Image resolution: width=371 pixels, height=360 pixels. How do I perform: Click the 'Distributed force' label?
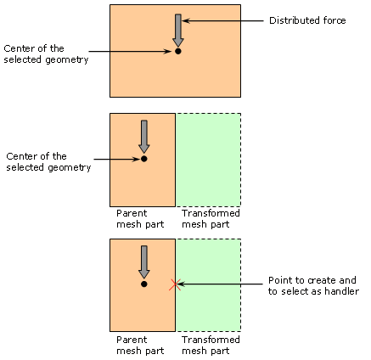pos(307,20)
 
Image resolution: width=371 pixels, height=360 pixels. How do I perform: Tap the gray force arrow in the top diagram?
pos(178,31)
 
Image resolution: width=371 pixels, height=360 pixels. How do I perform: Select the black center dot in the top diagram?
pos(178,51)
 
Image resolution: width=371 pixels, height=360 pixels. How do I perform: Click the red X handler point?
pos(175,284)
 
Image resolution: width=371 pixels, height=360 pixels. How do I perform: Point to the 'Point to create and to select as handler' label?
pos(313,285)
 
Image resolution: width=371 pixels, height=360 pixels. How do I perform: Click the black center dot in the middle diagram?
pos(144,159)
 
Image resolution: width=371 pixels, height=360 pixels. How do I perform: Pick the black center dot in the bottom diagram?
pos(144,284)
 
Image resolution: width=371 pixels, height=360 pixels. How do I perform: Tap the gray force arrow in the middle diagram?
pos(144,137)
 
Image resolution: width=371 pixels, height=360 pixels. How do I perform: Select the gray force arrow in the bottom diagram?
pos(144,262)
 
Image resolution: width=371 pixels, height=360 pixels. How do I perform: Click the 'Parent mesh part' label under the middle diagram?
pos(140,218)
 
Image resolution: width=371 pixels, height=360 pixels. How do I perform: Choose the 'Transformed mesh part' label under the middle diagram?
pos(211,218)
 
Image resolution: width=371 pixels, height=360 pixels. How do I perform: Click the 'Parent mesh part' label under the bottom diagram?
pos(140,345)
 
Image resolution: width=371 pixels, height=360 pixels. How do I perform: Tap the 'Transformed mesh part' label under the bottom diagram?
pos(211,345)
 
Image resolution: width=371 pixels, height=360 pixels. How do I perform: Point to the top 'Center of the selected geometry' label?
pos(46,53)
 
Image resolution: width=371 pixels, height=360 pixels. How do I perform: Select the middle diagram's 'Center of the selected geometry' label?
pos(48,161)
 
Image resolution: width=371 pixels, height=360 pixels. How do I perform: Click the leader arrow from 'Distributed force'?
pos(223,20)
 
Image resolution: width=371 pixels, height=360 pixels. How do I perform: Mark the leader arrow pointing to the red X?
pos(220,284)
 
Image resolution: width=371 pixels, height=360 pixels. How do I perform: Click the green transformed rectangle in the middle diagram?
pos(208,160)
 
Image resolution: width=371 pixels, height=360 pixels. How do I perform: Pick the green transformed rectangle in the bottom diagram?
pos(208,285)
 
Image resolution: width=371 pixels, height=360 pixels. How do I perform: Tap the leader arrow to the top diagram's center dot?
pos(131,51)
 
